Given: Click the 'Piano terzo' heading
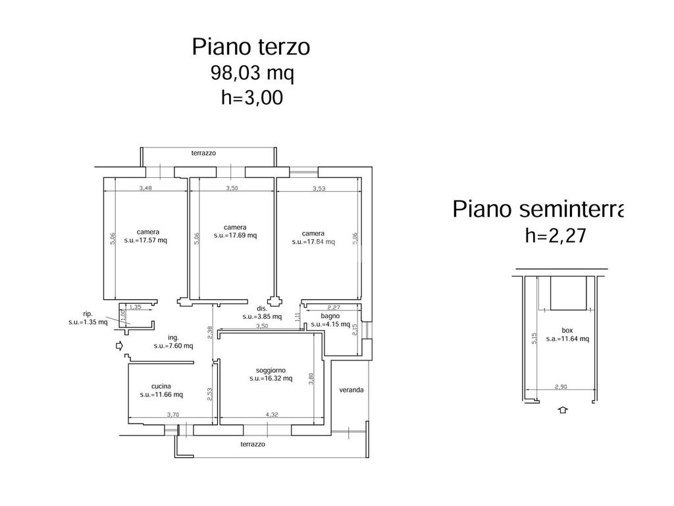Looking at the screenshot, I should pos(251,47).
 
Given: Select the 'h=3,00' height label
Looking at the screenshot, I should pos(251,98).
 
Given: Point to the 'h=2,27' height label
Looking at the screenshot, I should pos(555,235).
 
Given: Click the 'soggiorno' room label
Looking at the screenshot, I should pos(271,370).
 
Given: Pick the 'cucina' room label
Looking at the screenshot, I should pos(161,386).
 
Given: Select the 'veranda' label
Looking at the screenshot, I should pos(351,390).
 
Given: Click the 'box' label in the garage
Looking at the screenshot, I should pos(567,330).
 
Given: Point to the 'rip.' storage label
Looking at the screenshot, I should pos(87,314).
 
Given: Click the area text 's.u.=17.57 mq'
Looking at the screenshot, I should pos(147,240).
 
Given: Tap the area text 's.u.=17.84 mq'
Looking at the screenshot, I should pos(313,242).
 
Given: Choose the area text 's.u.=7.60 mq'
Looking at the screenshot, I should pos(173,345).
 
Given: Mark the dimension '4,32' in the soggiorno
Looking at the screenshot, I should pos(272,414).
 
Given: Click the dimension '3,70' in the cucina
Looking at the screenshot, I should pos(172,414).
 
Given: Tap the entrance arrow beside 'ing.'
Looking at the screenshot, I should pos(119,345).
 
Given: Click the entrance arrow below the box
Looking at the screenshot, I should pos(562,410).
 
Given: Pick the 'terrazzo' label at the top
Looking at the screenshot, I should pos(203,153).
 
